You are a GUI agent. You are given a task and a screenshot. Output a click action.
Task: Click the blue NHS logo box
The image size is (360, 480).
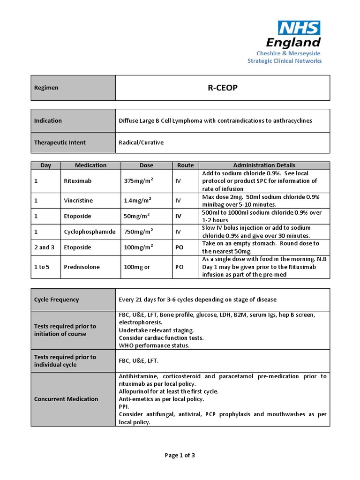point(299,28)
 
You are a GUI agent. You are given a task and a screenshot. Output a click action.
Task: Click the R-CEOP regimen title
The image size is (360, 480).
point(223,88)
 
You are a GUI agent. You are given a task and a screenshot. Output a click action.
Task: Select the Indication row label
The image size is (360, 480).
point(48,120)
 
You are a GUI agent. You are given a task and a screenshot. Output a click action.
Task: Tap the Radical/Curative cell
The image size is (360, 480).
point(141,142)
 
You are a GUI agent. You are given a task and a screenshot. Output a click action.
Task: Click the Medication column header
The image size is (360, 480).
point(90,165)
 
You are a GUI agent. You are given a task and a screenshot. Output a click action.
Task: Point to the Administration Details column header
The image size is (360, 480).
point(264,165)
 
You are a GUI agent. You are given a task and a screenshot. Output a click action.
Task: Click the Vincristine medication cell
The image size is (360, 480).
point(78,201)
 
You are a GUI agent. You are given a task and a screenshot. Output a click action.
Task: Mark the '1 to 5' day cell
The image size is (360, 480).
point(42,267)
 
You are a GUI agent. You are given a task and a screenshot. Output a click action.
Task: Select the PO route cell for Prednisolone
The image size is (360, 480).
point(179,267)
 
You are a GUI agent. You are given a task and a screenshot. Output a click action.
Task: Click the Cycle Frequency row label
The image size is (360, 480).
point(56,300)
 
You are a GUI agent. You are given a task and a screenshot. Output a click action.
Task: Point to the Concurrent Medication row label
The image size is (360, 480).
point(66,399)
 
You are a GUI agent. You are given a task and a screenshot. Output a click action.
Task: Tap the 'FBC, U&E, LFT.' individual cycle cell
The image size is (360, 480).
point(139,361)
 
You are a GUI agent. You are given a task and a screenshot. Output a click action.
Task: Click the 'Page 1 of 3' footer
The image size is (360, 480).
point(180,455)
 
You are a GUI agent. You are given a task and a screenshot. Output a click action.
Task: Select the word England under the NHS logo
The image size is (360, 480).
point(293,43)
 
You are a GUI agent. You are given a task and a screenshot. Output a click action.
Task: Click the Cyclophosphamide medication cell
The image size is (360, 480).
point(90,232)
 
